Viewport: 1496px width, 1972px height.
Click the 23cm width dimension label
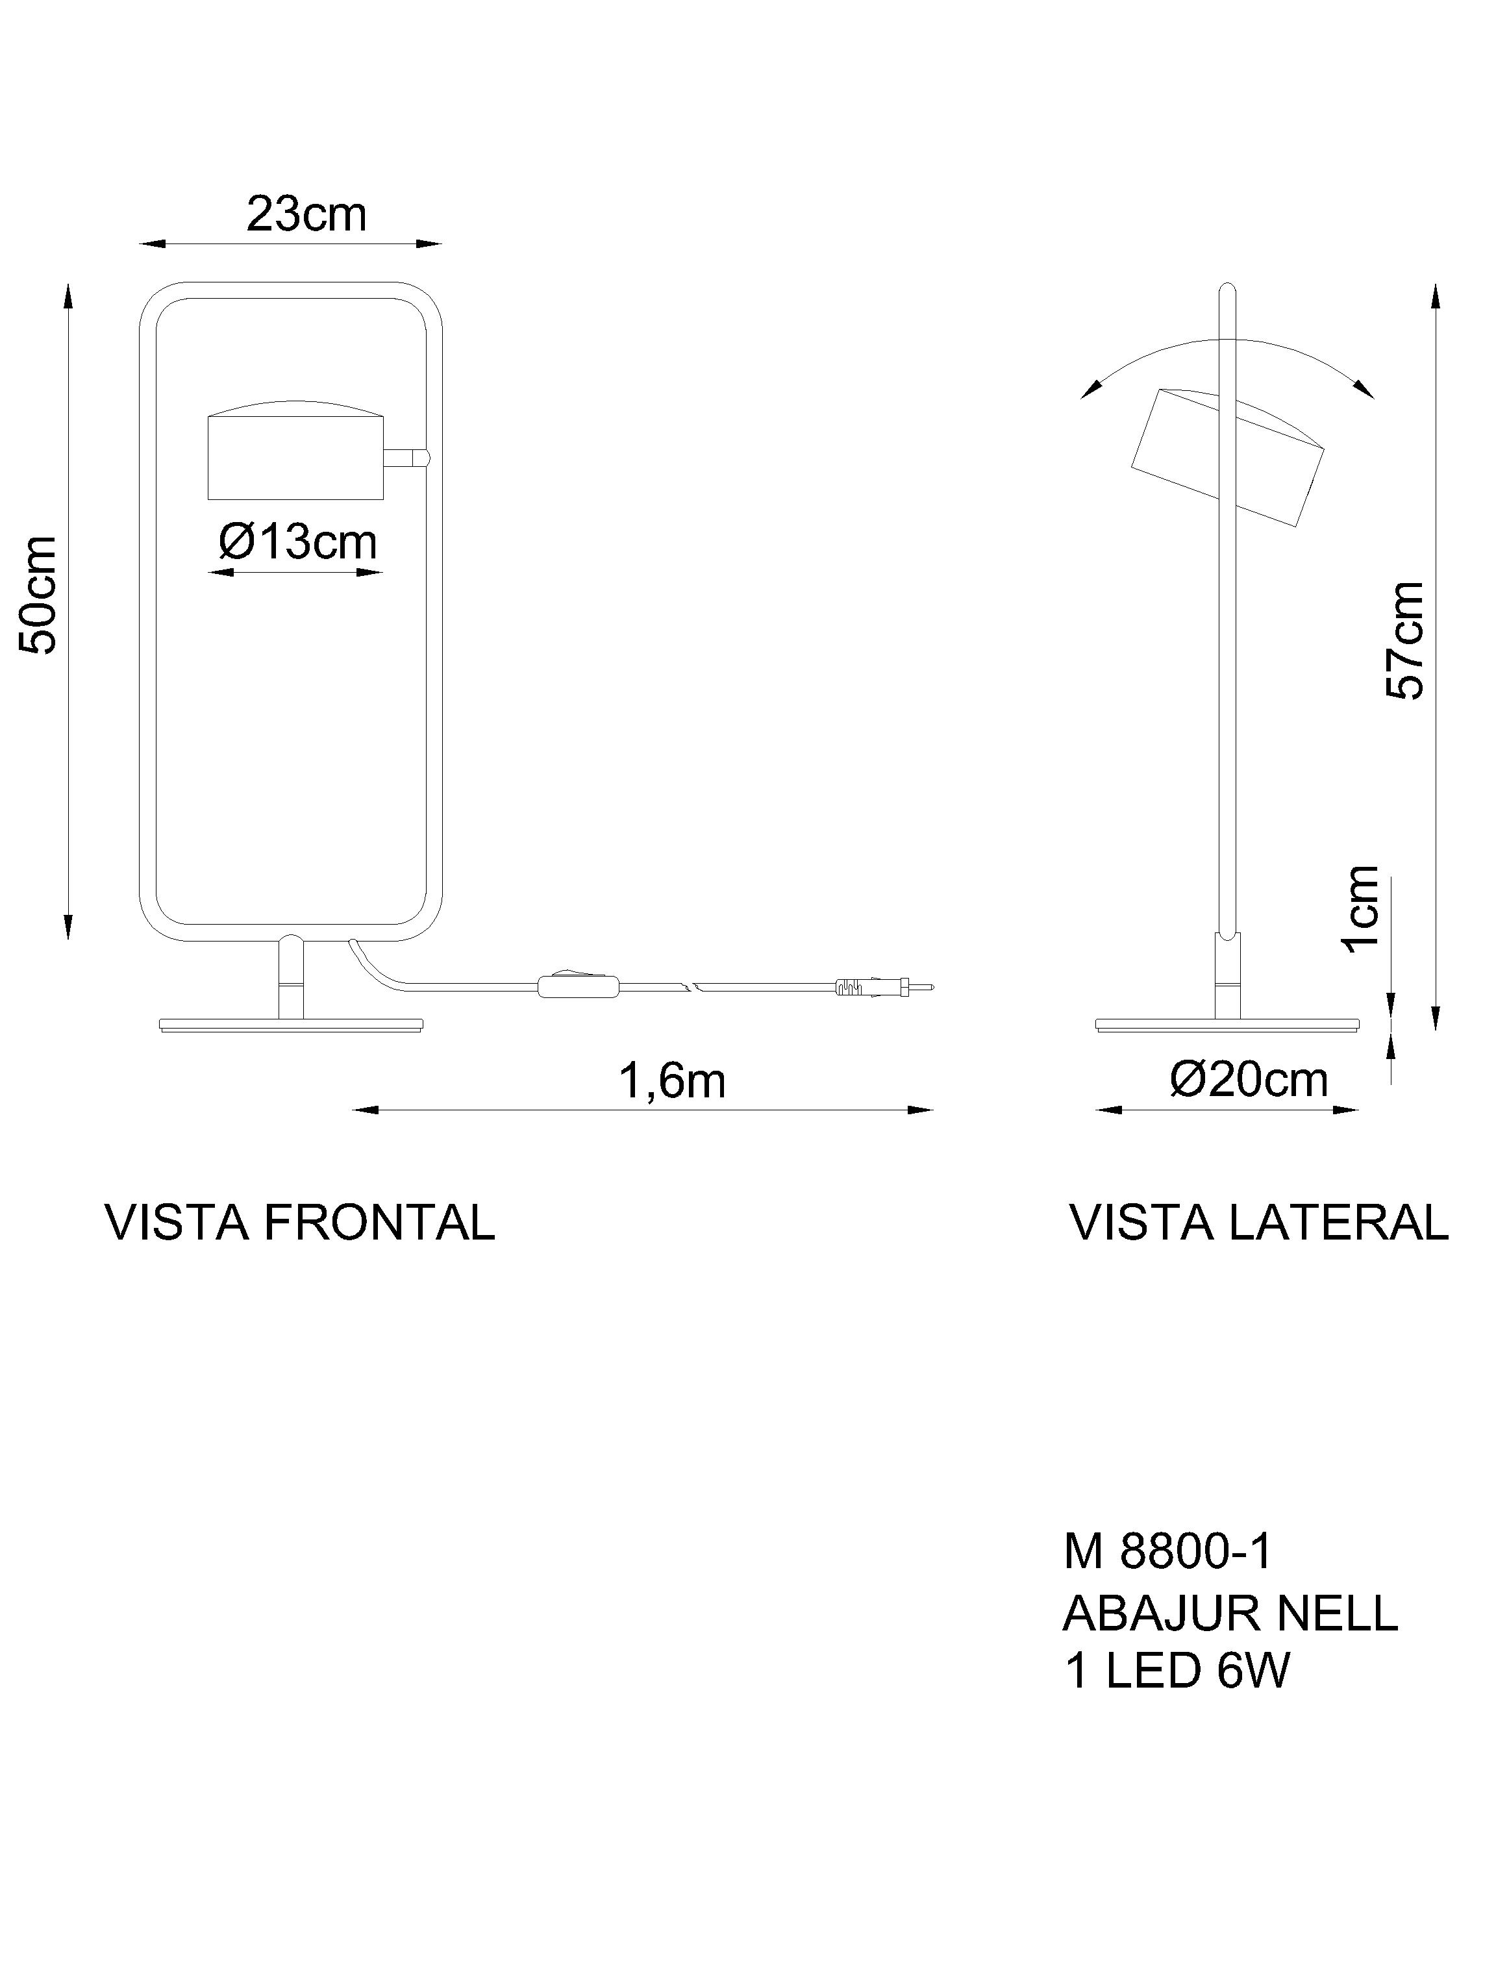[306, 215]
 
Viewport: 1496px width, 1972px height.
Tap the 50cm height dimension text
[40, 595]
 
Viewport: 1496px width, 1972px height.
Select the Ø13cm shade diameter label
[298, 542]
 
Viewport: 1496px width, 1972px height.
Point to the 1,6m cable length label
[672, 1081]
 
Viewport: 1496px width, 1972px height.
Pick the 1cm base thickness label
[1362, 909]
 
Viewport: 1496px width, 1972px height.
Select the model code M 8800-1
[1167, 1552]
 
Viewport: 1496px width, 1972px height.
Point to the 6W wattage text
[1253, 1671]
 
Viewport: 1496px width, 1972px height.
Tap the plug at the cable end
[882, 987]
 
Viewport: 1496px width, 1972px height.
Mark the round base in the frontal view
[292, 1025]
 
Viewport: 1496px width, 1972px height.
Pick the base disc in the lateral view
[1227, 1025]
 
